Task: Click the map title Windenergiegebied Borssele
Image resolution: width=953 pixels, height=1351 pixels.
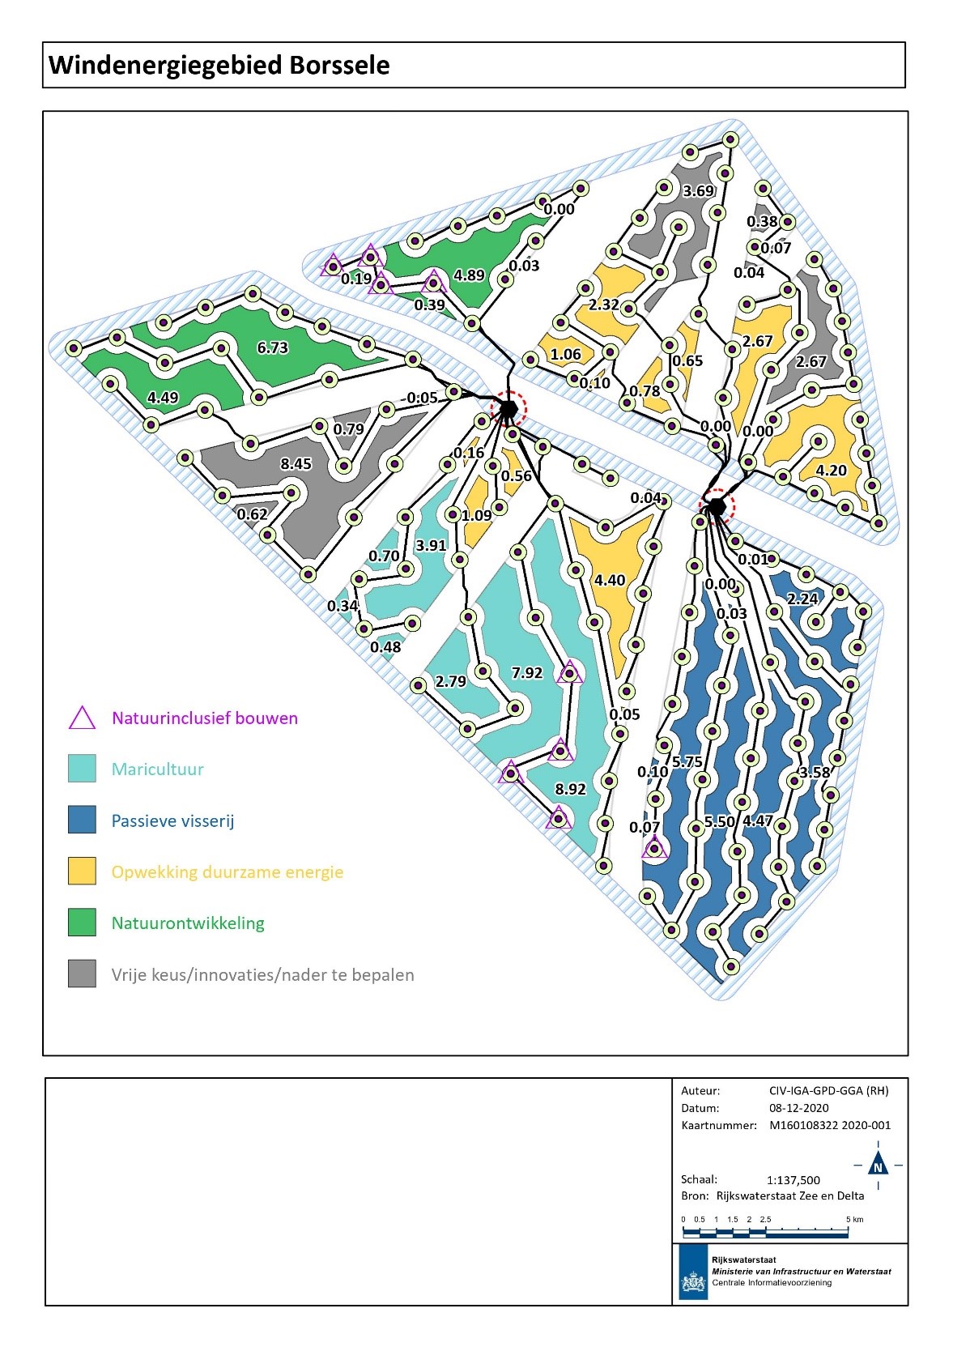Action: click(219, 65)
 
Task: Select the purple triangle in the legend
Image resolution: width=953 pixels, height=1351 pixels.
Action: click(82, 718)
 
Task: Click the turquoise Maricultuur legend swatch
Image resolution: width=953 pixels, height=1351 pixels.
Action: click(82, 769)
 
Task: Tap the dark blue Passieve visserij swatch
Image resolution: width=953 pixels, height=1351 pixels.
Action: click(82, 820)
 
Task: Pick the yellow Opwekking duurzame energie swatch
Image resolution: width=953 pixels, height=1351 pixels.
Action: click(82, 871)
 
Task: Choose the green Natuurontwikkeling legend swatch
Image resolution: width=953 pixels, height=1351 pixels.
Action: click(82, 923)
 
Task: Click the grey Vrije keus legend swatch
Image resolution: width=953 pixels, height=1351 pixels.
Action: click(82, 974)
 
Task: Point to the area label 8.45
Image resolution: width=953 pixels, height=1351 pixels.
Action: click(296, 464)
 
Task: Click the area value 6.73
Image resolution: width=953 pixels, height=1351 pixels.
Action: click(273, 347)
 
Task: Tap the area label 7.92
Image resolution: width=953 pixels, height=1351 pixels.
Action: click(527, 673)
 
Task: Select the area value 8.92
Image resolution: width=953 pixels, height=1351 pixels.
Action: click(570, 789)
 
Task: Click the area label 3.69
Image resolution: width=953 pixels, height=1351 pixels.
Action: click(698, 191)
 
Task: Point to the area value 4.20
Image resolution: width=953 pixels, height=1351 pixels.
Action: click(831, 471)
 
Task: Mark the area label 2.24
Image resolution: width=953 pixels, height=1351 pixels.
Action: click(802, 599)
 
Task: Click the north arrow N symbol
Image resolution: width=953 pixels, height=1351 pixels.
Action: click(878, 1166)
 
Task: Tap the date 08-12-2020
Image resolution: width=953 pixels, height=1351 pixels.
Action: click(798, 1108)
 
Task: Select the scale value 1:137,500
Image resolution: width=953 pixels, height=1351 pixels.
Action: click(793, 1180)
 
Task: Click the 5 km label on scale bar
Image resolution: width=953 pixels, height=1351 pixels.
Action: click(854, 1219)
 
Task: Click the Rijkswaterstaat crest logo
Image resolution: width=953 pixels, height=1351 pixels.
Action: click(693, 1282)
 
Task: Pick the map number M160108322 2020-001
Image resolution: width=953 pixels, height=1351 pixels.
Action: click(829, 1125)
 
